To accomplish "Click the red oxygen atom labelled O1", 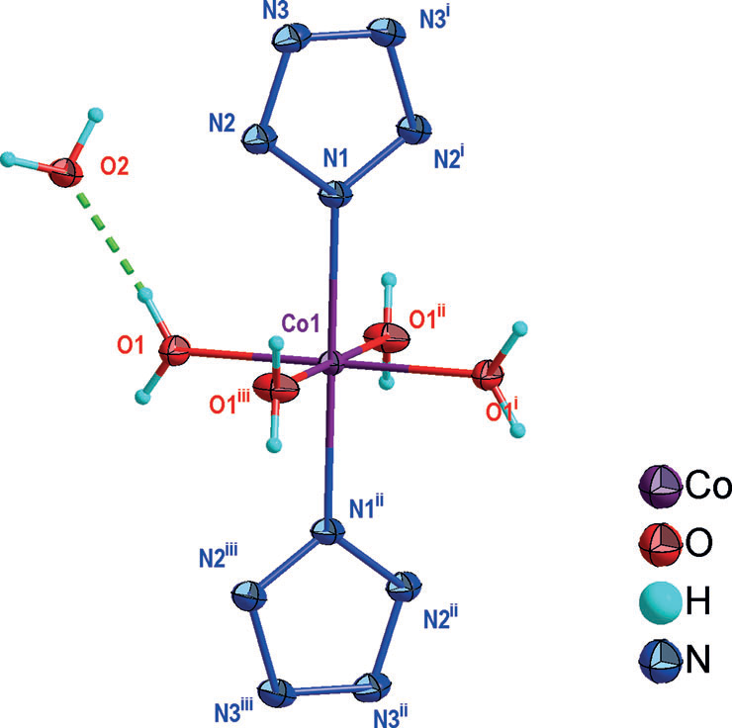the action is pyautogui.click(x=178, y=349).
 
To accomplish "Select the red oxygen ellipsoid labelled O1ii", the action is pyautogui.click(x=390, y=337).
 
